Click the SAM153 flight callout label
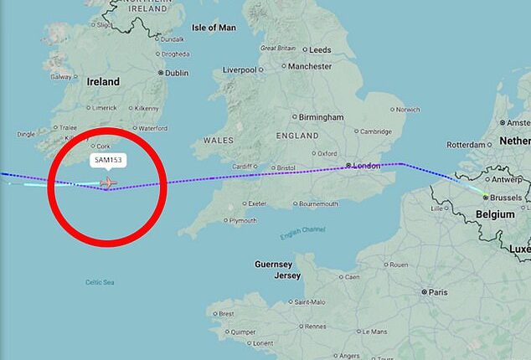click(107, 160)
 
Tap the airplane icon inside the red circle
click(108, 183)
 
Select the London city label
click(366, 166)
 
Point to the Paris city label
click(439, 292)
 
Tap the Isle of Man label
click(214, 28)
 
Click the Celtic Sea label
click(100, 282)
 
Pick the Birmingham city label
click(321, 117)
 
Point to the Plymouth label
click(243, 220)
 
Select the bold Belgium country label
click(494, 214)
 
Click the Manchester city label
click(310, 65)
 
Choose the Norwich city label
click(408, 109)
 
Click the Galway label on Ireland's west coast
click(61, 75)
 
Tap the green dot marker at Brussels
click(485, 197)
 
